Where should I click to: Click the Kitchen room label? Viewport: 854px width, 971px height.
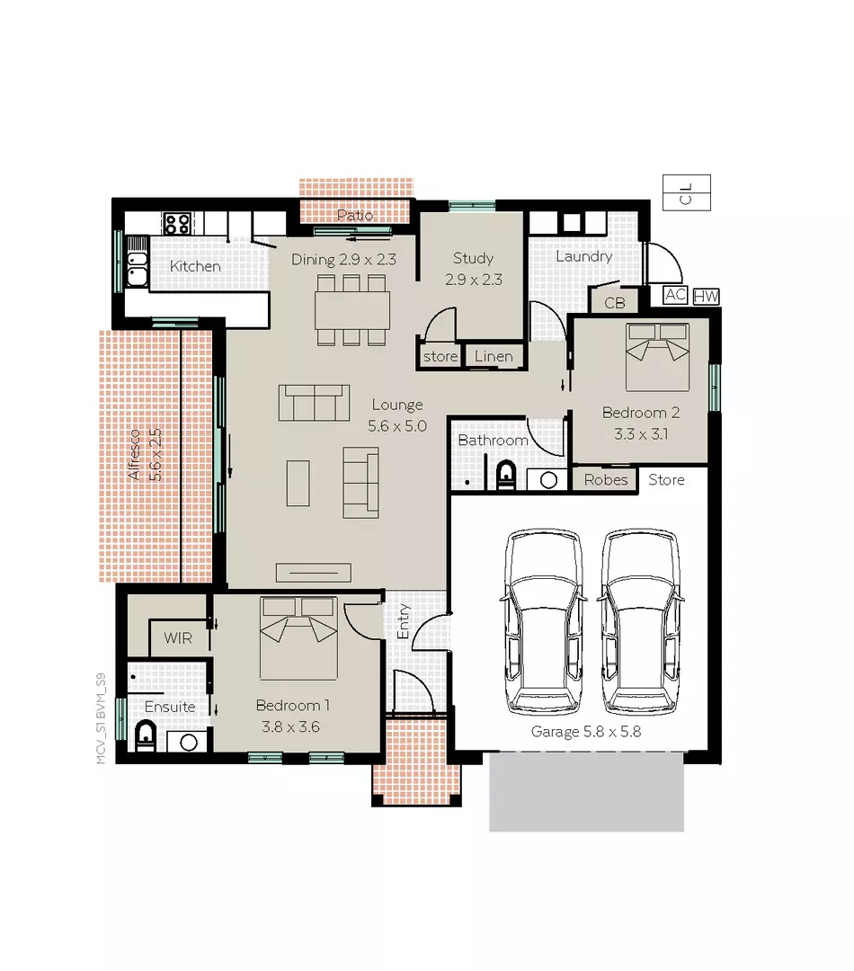[x=195, y=266]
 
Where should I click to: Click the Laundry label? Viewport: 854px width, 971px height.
[x=583, y=256]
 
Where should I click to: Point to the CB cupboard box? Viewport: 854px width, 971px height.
[x=614, y=303]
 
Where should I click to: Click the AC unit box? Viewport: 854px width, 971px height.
[x=675, y=295]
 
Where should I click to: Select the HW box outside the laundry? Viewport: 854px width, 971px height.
[x=706, y=296]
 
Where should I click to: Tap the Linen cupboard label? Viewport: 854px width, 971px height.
[x=494, y=356]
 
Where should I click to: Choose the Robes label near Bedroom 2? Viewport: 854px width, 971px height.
[x=605, y=480]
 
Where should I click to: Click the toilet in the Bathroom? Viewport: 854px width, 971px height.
[x=505, y=473]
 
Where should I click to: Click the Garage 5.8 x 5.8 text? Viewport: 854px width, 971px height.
[x=585, y=732]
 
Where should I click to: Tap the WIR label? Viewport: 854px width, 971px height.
[x=178, y=638]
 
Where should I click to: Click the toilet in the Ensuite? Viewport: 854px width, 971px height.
[x=146, y=736]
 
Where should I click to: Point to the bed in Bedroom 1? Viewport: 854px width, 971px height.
[x=298, y=637]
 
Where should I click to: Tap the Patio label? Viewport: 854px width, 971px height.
[x=354, y=216]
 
